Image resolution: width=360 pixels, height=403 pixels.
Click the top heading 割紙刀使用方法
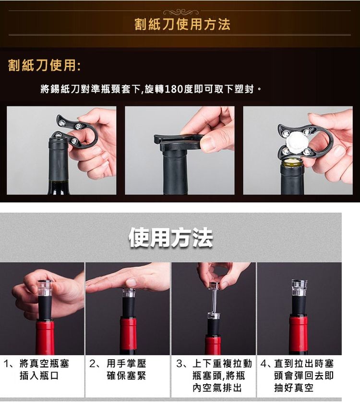(x=182, y=24)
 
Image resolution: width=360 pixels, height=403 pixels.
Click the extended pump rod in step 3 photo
(x=215, y=300)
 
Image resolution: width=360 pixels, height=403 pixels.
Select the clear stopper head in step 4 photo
(x=299, y=287)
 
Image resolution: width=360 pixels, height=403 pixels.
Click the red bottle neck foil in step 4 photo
(x=298, y=334)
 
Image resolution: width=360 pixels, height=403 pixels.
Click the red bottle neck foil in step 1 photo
(x=45, y=337)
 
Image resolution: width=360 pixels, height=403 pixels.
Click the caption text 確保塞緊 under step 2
(x=126, y=376)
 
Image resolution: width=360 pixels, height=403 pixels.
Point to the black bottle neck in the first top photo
(x=59, y=163)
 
